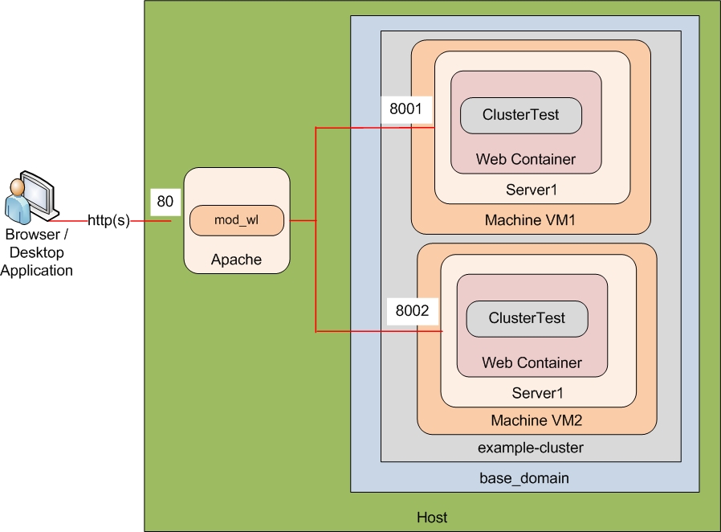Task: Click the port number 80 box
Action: coord(165,202)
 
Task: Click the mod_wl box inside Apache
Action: coord(237,219)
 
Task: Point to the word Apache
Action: coord(236,260)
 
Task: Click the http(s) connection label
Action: coord(108,220)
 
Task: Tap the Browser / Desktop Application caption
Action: coord(36,252)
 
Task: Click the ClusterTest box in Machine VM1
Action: coord(520,115)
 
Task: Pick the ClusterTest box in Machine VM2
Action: coord(527,318)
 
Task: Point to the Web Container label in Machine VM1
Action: coord(525,159)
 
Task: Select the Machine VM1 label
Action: coord(530,220)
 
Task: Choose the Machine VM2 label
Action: coord(536,420)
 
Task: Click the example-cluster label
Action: coord(531,448)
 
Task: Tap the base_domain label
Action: coord(524,478)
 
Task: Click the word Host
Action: coord(432,517)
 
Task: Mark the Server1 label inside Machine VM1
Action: coord(531,190)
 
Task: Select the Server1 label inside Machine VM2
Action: coord(537,393)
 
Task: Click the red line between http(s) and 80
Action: coord(150,220)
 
